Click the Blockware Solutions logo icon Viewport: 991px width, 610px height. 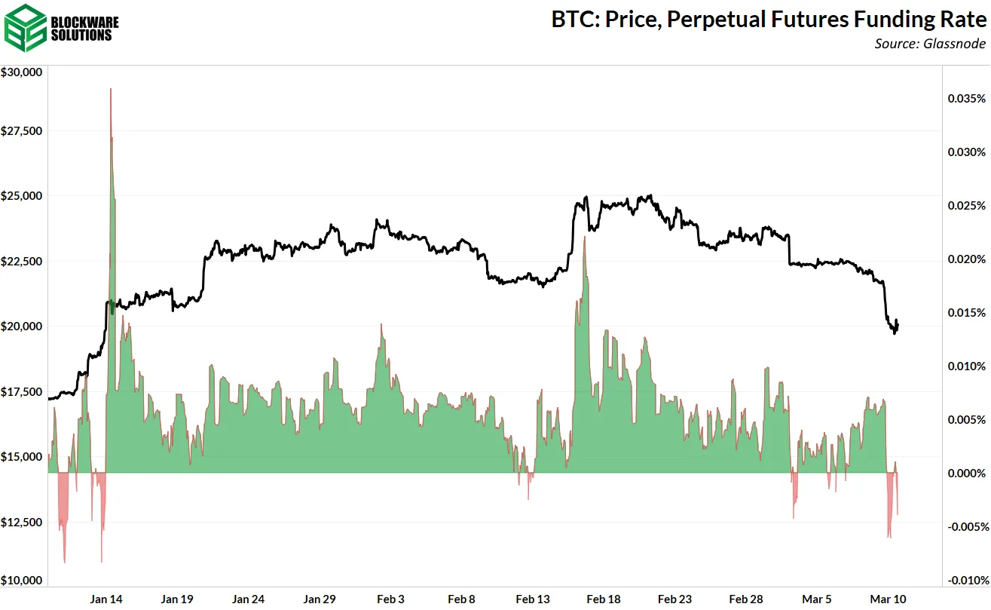pyautogui.click(x=23, y=26)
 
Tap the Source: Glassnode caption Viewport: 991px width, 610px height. pyautogui.click(x=930, y=44)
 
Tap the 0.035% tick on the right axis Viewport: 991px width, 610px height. pyautogui.click(x=965, y=99)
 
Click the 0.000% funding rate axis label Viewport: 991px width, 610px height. pyautogui.click(x=965, y=473)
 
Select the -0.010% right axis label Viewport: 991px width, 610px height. pyautogui.click(x=965, y=580)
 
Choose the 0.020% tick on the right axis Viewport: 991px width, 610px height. pyautogui.click(x=965, y=259)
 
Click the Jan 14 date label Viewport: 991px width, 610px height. pyautogui.click(x=106, y=599)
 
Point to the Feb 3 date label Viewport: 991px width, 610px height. pyautogui.click(x=390, y=599)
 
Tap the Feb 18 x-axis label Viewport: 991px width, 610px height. pyautogui.click(x=604, y=599)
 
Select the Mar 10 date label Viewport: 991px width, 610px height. pyautogui.click(x=889, y=599)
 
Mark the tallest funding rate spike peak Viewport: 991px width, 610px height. pyautogui.click(x=111, y=90)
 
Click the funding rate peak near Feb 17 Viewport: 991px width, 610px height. pyautogui.click(x=584, y=238)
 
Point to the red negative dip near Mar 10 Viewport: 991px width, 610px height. pyautogui.click(x=890, y=535)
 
